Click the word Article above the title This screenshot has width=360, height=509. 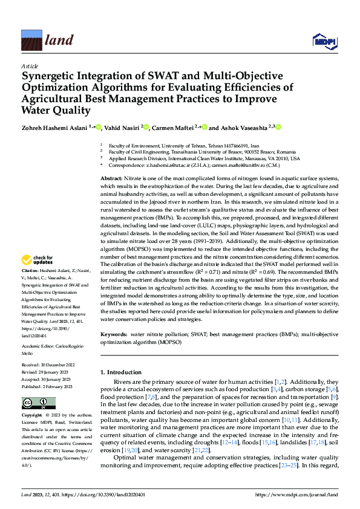click(30, 66)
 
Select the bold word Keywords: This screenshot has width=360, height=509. click(114, 333)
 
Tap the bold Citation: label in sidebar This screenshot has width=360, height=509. click(30, 287)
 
